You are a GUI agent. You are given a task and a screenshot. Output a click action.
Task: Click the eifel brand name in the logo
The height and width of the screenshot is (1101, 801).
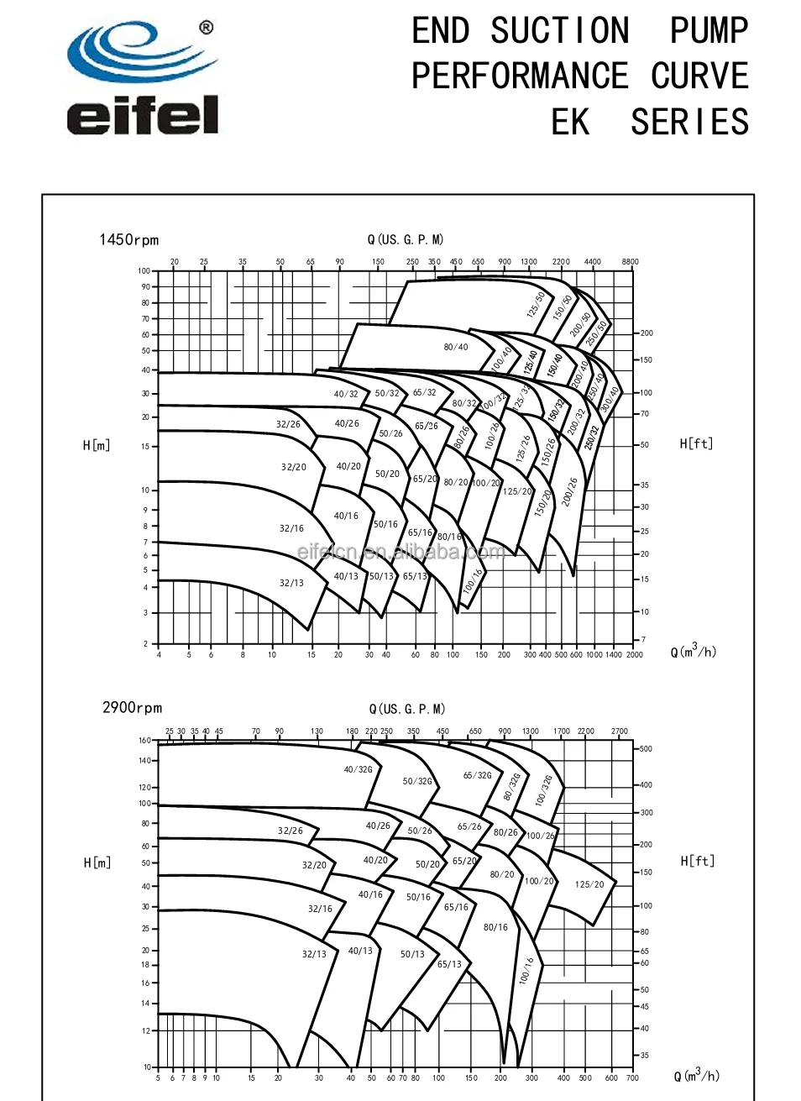(143, 115)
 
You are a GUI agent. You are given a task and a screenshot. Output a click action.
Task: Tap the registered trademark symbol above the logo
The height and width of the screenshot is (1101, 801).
(206, 28)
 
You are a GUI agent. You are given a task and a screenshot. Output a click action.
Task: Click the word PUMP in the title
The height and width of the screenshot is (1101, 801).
(709, 31)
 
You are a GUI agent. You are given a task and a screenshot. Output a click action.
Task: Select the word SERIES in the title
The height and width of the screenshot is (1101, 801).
(689, 122)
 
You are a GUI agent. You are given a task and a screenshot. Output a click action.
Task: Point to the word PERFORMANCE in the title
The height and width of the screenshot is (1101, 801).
(520, 76)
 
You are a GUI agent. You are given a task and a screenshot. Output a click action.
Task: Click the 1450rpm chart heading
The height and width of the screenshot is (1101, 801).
(128, 240)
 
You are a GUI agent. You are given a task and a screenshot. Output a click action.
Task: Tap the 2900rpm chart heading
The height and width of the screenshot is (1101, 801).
(132, 708)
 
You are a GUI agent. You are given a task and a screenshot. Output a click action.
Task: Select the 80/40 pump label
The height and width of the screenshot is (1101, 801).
(456, 347)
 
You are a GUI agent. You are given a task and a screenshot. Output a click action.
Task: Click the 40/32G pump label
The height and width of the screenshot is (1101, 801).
(358, 769)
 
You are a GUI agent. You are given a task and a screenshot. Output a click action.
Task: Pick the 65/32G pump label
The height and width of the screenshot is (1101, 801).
(478, 775)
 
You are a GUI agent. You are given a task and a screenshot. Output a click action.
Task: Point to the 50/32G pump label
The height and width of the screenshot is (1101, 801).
(417, 781)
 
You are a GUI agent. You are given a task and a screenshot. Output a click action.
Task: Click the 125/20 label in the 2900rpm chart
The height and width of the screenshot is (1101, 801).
(589, 884)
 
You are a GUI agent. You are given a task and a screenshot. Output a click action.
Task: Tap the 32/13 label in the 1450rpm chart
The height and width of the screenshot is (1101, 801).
(291, 583)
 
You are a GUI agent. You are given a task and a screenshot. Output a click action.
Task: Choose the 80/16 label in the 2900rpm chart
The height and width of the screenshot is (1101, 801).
(495, 927)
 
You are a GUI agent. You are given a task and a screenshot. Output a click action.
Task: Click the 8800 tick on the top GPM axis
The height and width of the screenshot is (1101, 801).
(630, 262)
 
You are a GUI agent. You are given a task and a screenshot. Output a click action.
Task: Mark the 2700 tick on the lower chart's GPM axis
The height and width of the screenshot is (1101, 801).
(620, 731)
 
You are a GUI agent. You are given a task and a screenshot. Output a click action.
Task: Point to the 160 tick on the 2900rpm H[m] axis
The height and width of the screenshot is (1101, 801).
(144, 741)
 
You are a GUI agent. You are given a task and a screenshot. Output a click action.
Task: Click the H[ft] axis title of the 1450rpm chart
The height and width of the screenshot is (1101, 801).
(696, 443)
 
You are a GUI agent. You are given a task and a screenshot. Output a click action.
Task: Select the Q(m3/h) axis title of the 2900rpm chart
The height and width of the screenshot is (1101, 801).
(696, 1075)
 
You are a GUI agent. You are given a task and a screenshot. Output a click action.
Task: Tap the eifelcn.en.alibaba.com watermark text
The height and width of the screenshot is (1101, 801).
(401, 552)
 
